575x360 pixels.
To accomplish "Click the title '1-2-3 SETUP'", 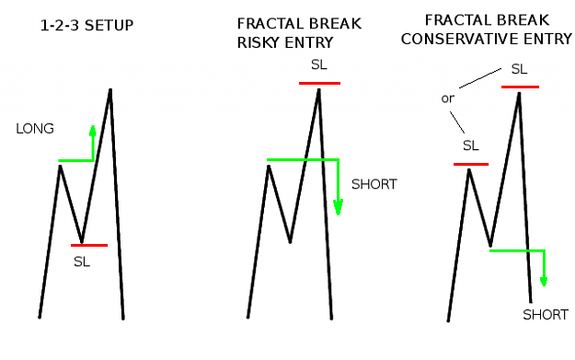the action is [86, 26].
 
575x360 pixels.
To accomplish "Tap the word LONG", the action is [35, 129].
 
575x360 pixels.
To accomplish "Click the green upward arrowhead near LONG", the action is [93, 131].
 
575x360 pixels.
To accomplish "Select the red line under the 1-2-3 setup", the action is [89, 245].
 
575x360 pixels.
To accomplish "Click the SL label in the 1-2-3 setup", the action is [81, 261].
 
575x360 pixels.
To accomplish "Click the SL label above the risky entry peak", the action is [318, 65].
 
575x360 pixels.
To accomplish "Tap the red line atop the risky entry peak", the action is [319, 83].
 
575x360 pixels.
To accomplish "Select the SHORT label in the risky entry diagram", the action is [374, 184].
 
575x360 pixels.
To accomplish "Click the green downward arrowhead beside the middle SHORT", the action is [338, 207].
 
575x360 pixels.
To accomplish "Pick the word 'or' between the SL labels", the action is [448, 99].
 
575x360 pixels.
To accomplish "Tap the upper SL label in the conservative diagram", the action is [519, 69].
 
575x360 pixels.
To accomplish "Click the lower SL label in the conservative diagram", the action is [471, 145].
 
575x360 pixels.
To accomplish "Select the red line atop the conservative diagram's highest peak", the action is [520, 87].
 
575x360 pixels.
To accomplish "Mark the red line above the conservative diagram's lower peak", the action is [471, 164].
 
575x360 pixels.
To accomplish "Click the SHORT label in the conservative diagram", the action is [546, 315].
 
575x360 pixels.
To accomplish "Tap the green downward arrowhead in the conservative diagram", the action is [544, 282].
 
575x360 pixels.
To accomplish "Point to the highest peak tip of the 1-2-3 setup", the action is [110, 89].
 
